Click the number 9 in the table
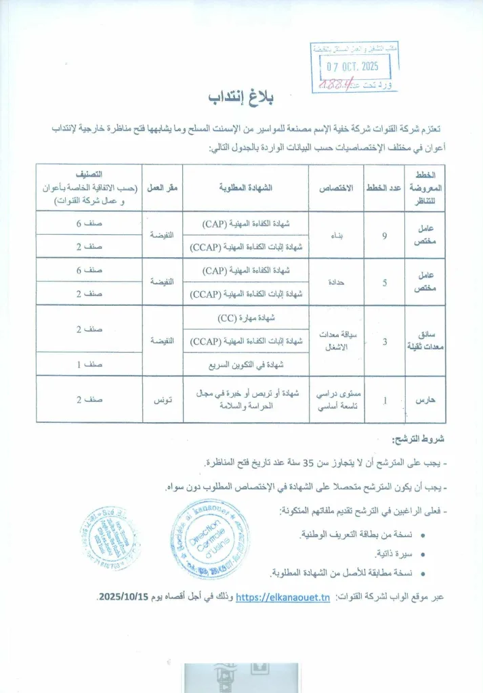pos(384,235)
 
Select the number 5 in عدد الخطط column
pos(384,282)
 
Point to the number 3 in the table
pos(384,341)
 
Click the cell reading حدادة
pos(337,282)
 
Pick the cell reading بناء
pos(337,235)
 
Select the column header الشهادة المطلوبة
pos(247,187)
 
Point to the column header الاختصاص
pos(337,187)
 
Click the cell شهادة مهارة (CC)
pos(246,317)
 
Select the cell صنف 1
pos(88,364)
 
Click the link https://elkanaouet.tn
pos(283,596)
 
